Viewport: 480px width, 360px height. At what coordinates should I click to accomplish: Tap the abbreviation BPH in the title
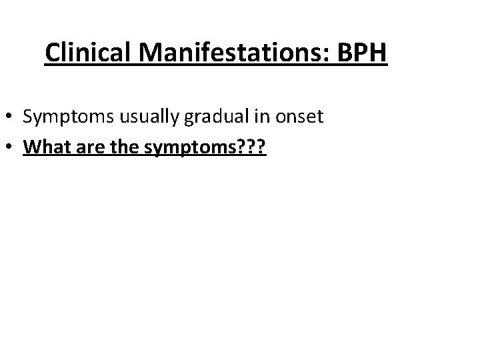360,52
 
